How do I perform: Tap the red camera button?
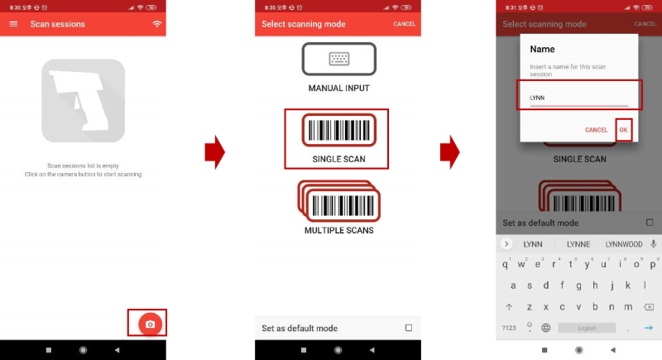click(149, 324)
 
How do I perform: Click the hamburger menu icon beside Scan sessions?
click(13, 24)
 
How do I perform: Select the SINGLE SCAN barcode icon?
click(338, 131)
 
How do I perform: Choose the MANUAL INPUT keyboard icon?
click(338, 59)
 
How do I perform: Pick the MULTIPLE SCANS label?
click(338, 230)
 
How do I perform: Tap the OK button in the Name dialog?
click(624, 130)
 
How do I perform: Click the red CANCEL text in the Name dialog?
click(596, 130)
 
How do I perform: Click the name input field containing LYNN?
click(578, 98)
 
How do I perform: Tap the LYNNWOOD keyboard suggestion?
click(624, 244)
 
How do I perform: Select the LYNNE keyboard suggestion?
click(578, 244)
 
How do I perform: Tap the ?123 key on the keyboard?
click(508, 328)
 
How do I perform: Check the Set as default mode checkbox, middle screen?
click(408, 329)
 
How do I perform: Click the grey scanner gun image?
click(83, 102)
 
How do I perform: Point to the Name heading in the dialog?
click(542, 50)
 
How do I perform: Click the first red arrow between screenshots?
click(214, 151)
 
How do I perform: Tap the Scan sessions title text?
click(57, 24)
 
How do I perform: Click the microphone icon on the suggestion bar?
click(654, 244)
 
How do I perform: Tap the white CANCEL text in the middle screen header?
click(404, 24)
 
